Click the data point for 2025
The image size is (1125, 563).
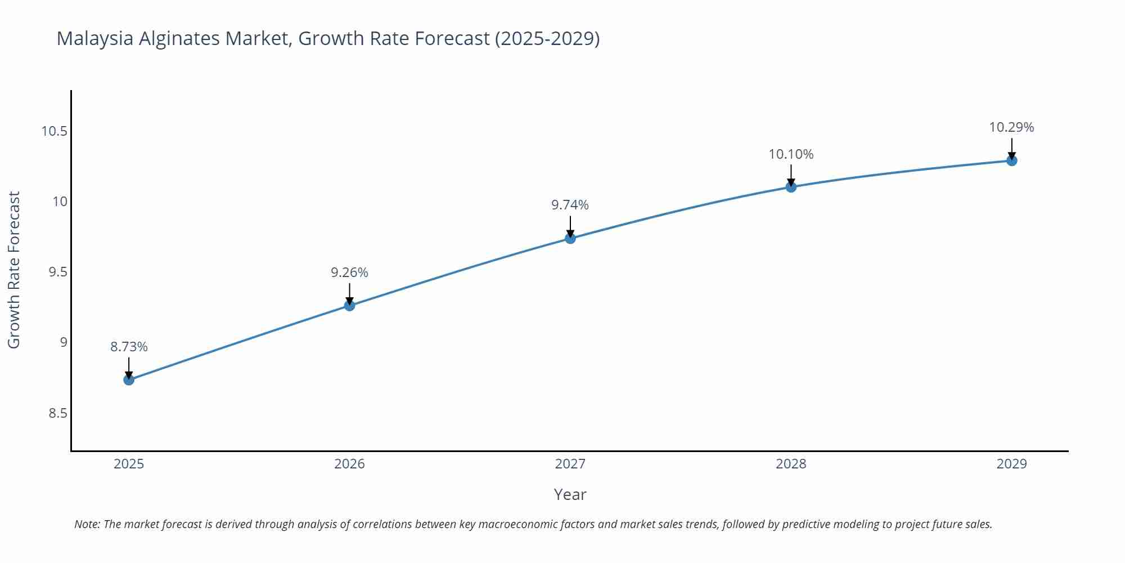(x=129, y=379)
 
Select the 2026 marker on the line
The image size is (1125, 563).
(x=349, y=305)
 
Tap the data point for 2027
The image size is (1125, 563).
(x=570, y=238)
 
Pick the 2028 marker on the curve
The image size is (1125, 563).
(x=791, y=187)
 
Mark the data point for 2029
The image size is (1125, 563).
(x=1011, y=160)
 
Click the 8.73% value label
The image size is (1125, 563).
(x=129, y=347)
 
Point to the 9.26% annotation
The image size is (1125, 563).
(x=349, y=272)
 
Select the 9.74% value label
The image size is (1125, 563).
(x=570, y=205)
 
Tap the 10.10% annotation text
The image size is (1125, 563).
(x=791, y=154)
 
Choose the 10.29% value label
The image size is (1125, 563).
(x=1011, y=127)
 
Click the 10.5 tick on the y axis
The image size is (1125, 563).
(x=54, y=131)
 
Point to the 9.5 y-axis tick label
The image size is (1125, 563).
(x=57, y=272)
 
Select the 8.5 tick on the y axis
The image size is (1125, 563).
(x=57, y=413)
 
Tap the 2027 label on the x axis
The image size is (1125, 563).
(x=570, y=464)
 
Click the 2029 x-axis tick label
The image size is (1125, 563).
(x=1011, y=464)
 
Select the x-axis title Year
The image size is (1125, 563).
(x=570, y=494)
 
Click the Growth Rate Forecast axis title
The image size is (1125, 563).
(x=14, y=270)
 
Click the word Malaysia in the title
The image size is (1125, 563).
(x=94, y=38)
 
